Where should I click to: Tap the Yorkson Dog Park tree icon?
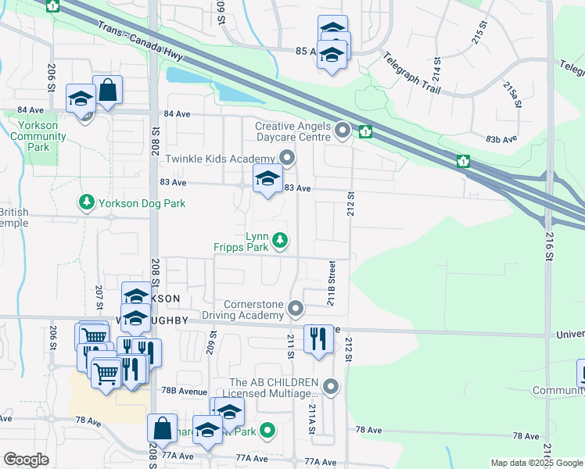coord(86,203)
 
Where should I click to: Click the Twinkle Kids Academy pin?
coord(288,159)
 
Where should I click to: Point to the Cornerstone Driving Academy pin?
coord(296,310)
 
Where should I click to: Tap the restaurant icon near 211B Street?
coord(318,339)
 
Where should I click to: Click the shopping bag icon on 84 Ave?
coord(108,90)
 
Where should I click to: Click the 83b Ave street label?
coord(501,139)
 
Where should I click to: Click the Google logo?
coord(26,460)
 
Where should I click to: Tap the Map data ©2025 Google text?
coord(536,463)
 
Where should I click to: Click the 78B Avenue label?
coord(185,390)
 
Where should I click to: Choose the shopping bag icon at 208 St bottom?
coord(162,429)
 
